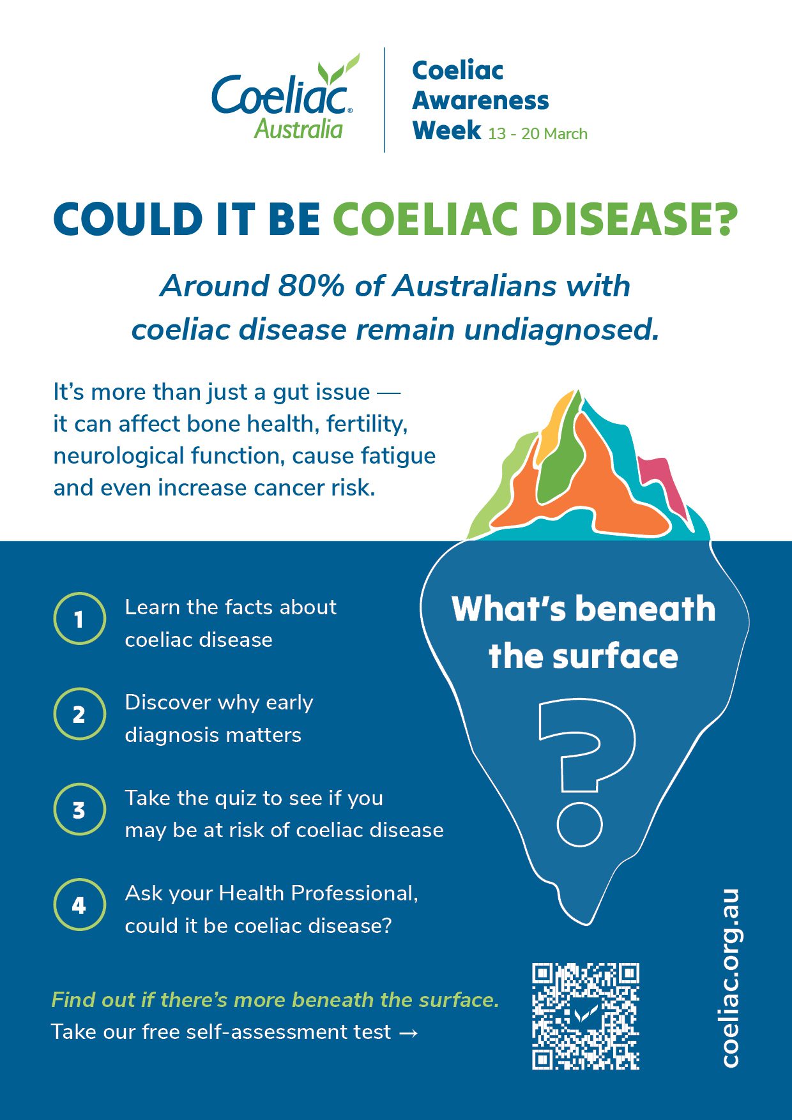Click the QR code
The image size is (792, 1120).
[585, 1016]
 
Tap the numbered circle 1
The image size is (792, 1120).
[79, 618]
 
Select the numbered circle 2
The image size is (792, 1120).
[79, 714]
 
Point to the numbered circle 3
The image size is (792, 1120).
[79, 810]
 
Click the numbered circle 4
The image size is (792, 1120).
[79, 905]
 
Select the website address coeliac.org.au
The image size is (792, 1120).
[729, 977]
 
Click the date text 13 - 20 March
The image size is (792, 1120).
[537, 134]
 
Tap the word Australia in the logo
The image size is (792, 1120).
[298, 129]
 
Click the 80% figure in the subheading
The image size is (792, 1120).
[311, 286]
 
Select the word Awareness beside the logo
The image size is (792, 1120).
[480, 100]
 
